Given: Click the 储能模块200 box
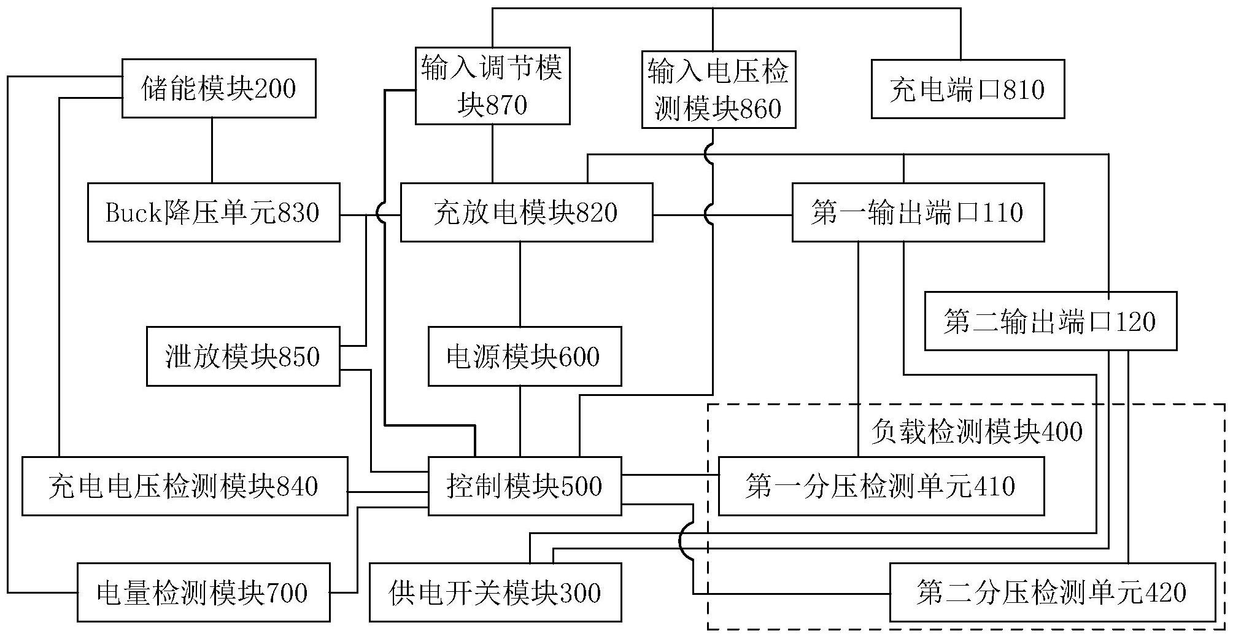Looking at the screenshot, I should point(218,88).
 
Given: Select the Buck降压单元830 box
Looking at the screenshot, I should point(213,212).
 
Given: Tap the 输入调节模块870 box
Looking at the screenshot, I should point(492,86).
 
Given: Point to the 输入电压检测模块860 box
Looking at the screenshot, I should point(718,90).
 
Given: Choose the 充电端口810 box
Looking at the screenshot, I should point(967,89).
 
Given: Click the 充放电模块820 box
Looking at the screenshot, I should point(526,212).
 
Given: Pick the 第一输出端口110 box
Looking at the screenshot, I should point(918,212).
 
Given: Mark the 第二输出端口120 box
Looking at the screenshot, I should point(1050,321).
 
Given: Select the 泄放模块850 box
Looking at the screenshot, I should point(242,357).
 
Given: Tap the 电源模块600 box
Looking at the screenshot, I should point(524,357).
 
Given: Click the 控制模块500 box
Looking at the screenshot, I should point(524,486).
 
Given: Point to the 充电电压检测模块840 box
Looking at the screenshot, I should point(184,486).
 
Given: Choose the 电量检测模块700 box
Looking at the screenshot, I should point(203,592).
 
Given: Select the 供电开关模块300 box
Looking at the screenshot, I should point(495,592).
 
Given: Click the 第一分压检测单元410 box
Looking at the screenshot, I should point(881,486).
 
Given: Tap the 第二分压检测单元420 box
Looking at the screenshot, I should point(1052,592).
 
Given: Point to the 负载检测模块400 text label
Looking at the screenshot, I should point(976,432).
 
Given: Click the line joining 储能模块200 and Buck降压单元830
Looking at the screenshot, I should point(212,150).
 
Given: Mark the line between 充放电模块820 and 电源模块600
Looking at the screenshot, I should point(520,284).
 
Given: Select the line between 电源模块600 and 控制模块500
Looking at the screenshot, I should point(520,421).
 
